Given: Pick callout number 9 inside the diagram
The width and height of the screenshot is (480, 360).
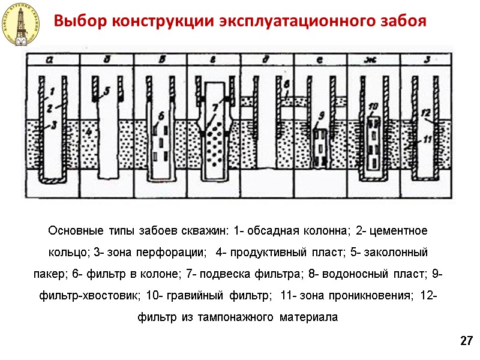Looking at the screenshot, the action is [322, 116].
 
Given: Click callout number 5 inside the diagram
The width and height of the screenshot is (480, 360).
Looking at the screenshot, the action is [107, 91].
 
